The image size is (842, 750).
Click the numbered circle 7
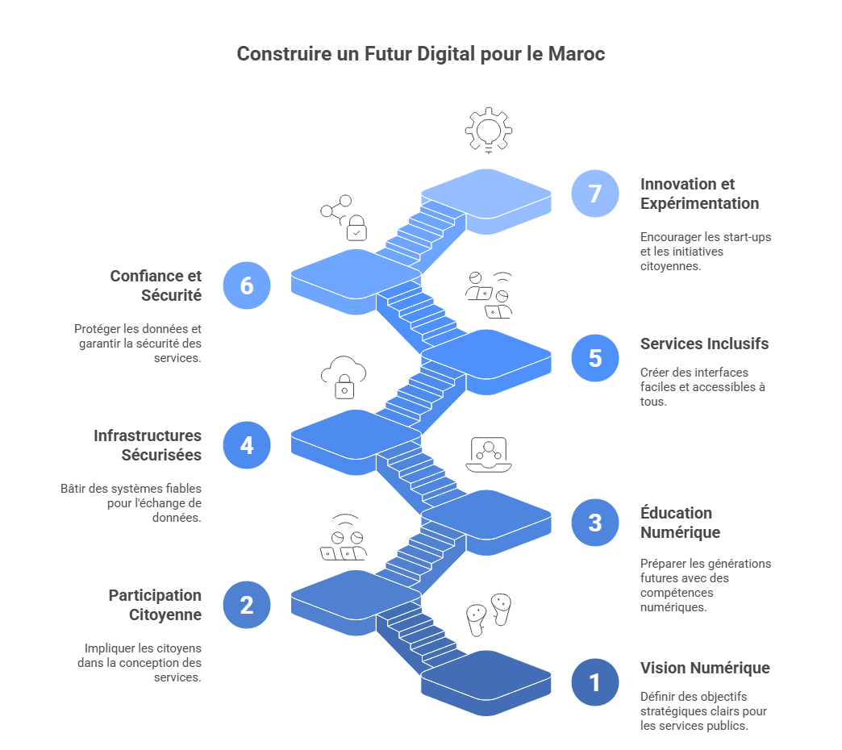click(x=595, y=194)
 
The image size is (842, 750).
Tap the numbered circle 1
click(x=595, y=682)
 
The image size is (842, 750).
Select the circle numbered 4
click(x=247, y=445)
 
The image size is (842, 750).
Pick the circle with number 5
click(x=595, y=357)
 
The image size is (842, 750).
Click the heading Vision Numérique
click(x=705, y=668)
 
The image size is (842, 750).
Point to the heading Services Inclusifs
click(x=704, y=344)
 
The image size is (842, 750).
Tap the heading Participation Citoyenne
click(x=155, y=605)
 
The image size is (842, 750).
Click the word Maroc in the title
click(x=576, y=54)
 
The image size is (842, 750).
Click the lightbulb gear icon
click(x=488, y=130)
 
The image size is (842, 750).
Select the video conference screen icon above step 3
click(x=488, y=455)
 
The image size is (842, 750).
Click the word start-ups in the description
click(x=747, y=237)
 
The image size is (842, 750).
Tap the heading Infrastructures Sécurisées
click(x=148, y=445)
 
